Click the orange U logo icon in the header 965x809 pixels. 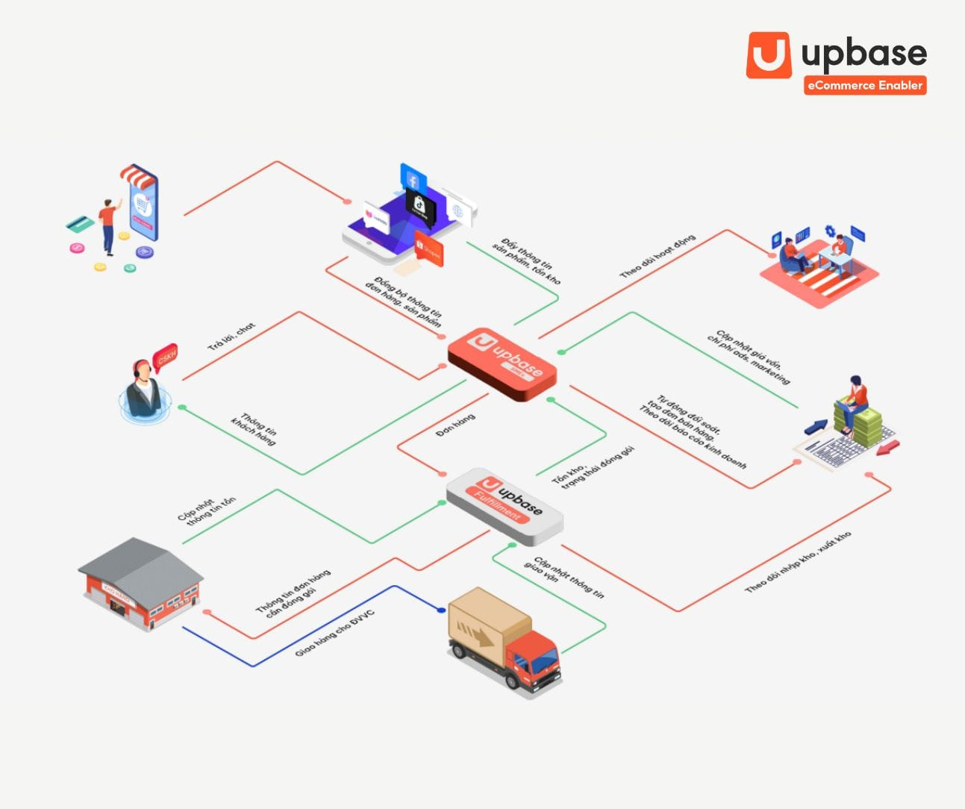(769, 54)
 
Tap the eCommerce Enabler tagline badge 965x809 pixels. (865, 85)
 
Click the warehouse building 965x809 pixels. (140, 583)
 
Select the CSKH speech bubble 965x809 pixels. (165, 357)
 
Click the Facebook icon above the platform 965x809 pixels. (413, 180)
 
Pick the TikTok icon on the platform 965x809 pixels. (419, 202)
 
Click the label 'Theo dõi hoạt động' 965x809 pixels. (658, 256)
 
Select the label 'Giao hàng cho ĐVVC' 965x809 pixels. (334, 633)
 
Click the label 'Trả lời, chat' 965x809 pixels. (231, 337)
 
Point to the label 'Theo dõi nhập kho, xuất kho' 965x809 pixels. (798, 562)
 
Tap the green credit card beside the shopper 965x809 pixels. (78, 223)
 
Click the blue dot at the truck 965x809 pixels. (442, 610)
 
